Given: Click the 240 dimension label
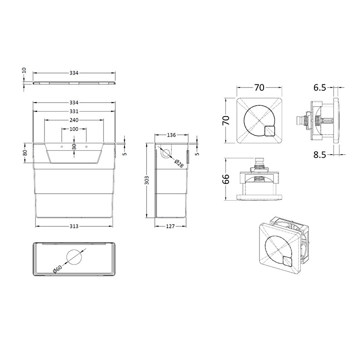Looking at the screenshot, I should coord(74,120).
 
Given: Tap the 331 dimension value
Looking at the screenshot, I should coord(74,111).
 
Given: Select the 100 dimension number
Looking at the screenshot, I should coord(74,129).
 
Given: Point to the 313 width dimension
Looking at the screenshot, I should coord(74,226).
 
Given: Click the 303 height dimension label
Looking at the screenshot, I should coord(147,181).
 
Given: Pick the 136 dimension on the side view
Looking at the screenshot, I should coord(172,135).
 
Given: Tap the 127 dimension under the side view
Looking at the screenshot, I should coord(170,226).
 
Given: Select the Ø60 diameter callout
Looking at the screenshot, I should coord(58,268).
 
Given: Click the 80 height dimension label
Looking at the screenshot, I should coord(25,152).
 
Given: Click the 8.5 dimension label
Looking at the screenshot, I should coord(319,155).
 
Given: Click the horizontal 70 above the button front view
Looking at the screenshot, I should coord(259,86).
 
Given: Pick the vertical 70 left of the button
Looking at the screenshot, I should coord(226,120).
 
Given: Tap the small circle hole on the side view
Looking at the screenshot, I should coord(166,153).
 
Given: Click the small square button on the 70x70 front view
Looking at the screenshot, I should coord(271,131).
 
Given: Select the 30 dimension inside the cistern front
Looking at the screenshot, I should coord(74,146).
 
